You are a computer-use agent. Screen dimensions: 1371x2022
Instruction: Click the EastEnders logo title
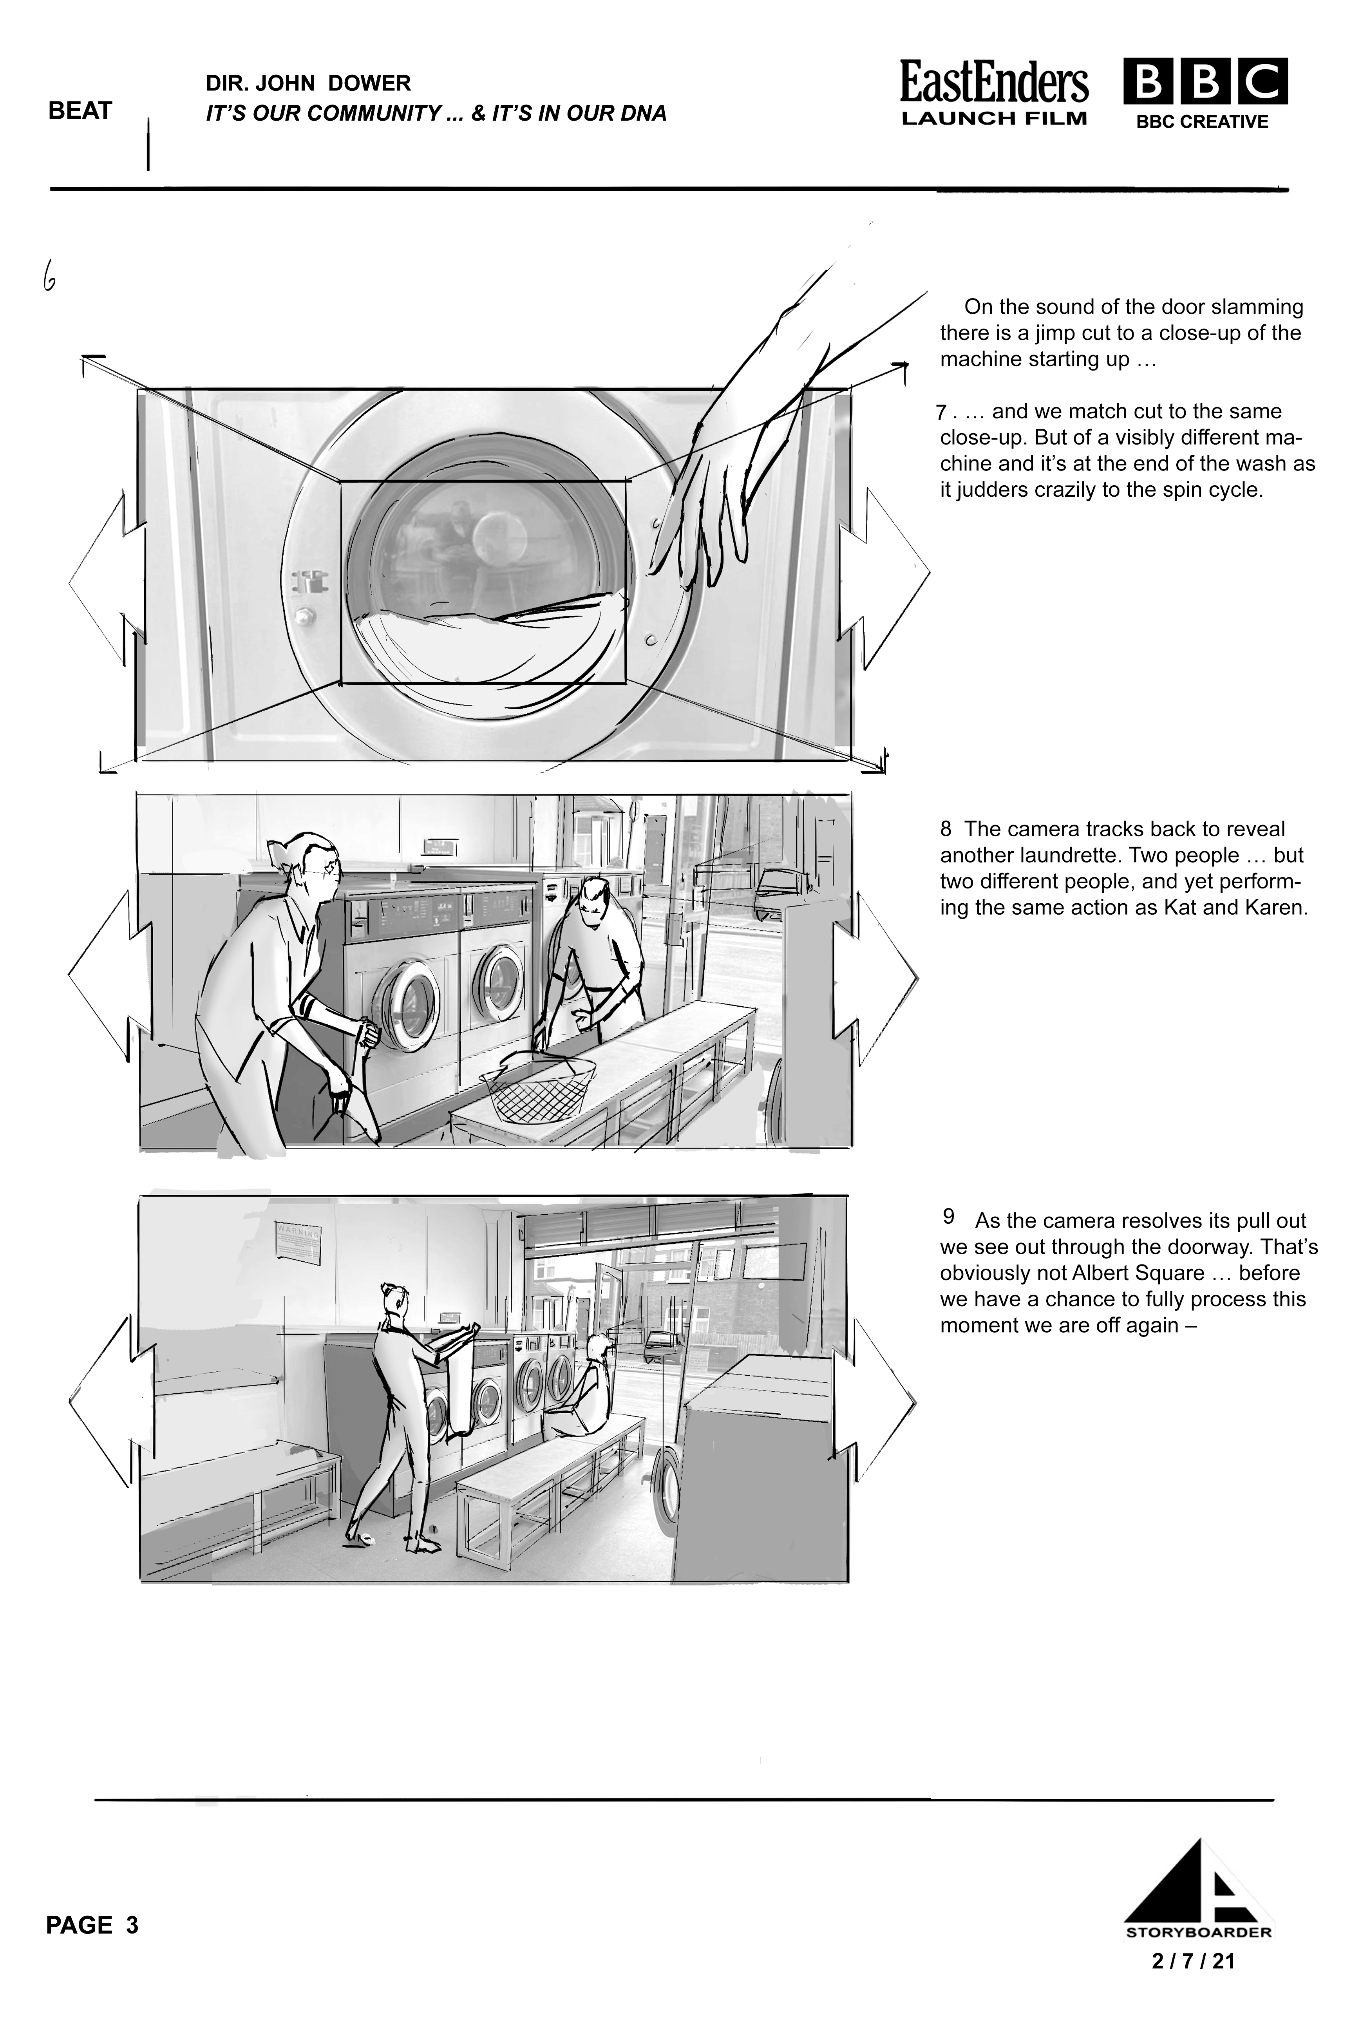pos(993,83)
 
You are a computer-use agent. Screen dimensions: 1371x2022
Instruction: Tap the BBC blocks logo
pos(1205,82)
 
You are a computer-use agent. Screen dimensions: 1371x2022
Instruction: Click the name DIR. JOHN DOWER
pos(308,83)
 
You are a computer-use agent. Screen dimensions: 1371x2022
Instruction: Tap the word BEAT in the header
pos(80,110)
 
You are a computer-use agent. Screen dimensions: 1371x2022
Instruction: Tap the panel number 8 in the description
pos(946,829)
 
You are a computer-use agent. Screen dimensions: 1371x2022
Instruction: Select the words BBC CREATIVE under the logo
pos(1201,122)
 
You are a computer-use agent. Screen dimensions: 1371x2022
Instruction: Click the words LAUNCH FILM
pos(993,118)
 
